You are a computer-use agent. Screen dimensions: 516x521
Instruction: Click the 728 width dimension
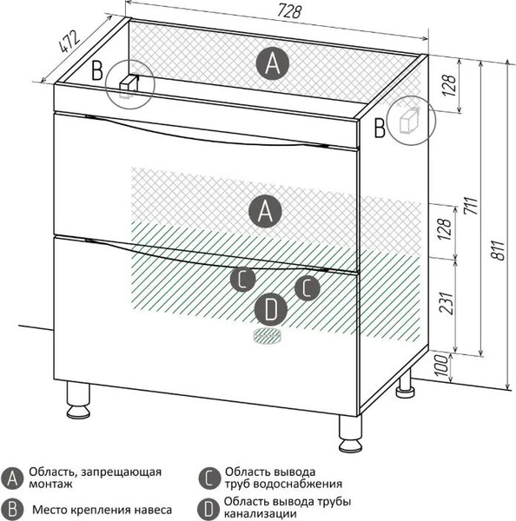click(289, 12)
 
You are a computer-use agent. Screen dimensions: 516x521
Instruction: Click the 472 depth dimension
click(69, 42)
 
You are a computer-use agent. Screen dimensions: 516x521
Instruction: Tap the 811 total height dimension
click(498, 250)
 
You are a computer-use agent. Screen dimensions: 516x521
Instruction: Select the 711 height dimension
click(472, 206)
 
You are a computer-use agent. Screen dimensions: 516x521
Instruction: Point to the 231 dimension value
click(447, 303)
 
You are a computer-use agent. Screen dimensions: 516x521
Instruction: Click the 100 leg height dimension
click(441, 366)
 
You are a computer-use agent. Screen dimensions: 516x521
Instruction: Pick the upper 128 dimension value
click(449, 85)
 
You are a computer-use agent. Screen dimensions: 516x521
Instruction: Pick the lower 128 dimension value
click(445, 229)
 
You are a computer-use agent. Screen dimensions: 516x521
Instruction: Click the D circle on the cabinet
click(271, 310)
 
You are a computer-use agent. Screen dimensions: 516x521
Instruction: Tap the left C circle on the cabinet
click(243, 280)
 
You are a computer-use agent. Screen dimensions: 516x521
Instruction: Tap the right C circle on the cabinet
click(308, 287)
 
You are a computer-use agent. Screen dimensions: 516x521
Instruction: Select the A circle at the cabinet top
click(273, 63)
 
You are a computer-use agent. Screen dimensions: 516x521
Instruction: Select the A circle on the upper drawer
click(265, 211)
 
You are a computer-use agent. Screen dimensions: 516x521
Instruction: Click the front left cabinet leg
click(78, 399)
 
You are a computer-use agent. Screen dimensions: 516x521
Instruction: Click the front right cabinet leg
click(350, 433)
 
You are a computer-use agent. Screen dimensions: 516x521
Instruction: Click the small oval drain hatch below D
click(268, 336)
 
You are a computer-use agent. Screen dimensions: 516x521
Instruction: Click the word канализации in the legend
click(261, 514)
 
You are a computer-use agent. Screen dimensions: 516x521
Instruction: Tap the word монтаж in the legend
click(50, 484)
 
